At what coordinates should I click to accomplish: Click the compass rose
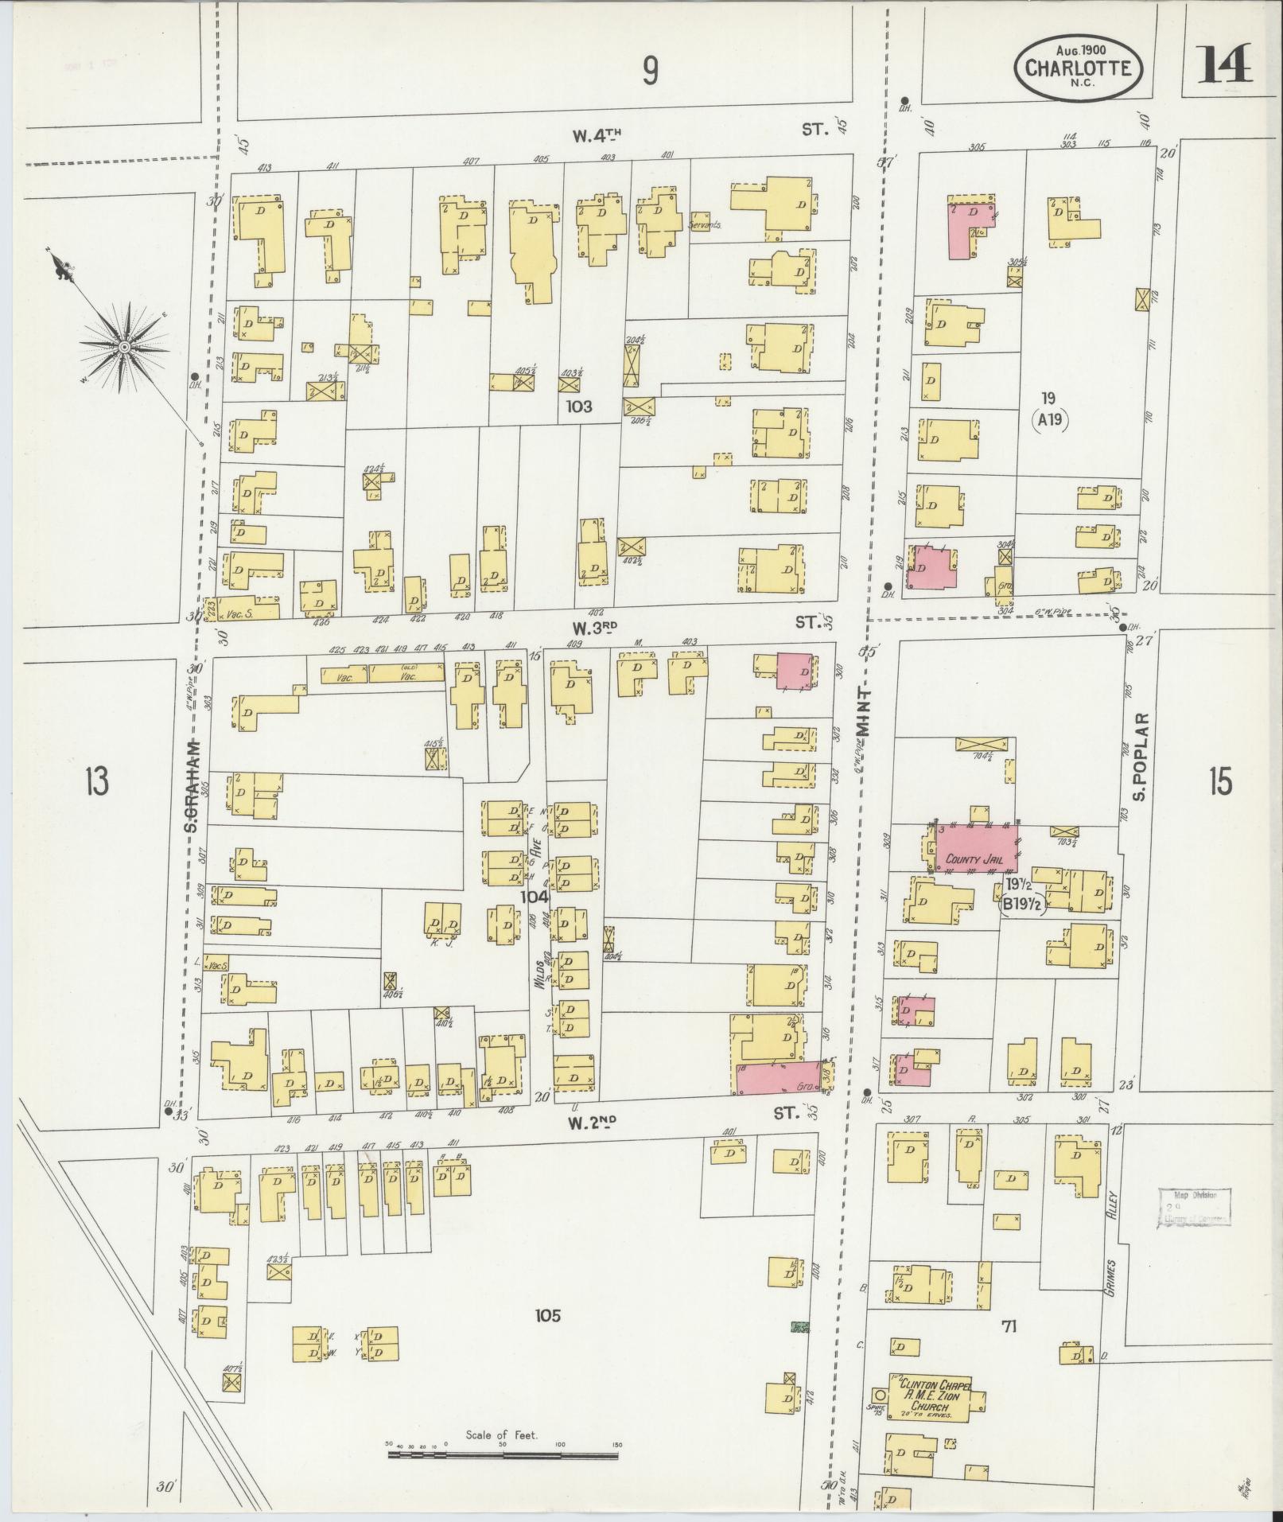point(125,348)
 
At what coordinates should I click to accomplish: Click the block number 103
point(579,406)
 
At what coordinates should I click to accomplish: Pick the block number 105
point(548,1315)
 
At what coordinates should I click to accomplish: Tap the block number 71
point(1009,1325)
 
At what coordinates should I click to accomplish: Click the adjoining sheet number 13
point(98,783)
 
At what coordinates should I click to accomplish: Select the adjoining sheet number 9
point(651,72)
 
